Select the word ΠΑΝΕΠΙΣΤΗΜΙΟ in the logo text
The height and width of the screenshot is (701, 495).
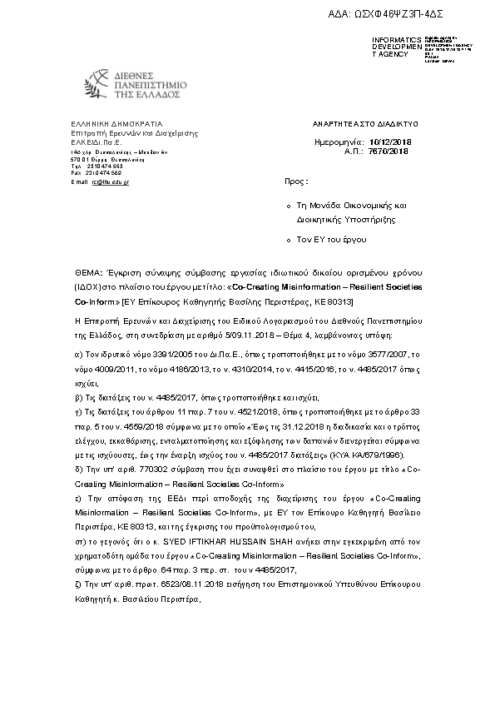(141, 84)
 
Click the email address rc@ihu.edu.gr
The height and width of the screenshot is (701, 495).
(111, 181)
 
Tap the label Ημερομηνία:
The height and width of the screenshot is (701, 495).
(341, 142)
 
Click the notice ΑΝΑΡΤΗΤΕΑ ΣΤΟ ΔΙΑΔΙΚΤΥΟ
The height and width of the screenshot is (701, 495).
(359, 122)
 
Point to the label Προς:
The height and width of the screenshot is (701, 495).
(296, 180)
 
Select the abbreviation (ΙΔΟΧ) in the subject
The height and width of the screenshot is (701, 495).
(87, 286)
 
